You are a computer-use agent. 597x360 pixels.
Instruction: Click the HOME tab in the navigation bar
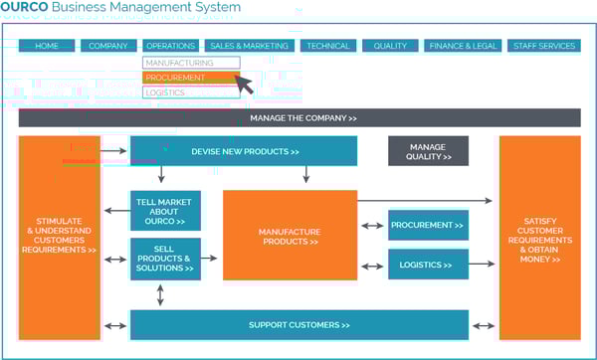47,46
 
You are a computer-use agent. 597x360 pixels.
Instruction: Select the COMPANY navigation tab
107,46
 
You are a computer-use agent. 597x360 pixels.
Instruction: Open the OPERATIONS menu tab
169,46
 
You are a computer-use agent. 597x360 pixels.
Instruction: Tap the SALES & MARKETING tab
249,46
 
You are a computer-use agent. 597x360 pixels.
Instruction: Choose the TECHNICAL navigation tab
327,46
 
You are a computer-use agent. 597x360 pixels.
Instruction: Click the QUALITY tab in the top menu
390,46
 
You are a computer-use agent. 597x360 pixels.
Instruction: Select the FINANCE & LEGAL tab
463,46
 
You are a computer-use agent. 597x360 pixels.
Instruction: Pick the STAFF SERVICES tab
543,46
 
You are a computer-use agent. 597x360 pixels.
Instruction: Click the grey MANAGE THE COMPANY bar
299,118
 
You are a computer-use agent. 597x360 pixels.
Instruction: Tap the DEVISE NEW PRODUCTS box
244,151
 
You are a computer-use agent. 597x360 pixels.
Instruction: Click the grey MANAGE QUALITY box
428,151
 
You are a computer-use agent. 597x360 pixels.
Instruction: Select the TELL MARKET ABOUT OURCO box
165,211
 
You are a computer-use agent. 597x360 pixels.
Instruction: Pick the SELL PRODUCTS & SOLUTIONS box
165,259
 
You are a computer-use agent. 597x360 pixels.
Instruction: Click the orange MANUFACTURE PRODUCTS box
289,235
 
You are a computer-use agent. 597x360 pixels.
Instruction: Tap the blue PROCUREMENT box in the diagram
428,226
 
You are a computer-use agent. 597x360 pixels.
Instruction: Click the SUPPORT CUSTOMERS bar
299,325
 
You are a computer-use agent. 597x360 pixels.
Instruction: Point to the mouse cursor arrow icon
244,84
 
